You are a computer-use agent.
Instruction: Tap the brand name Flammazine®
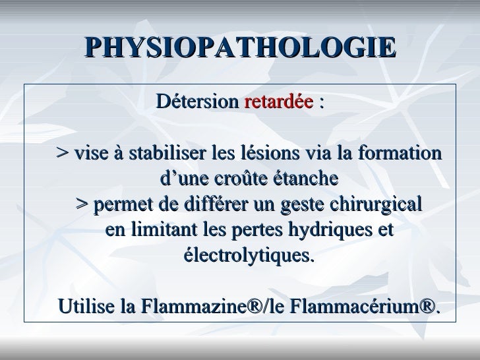tap(192, 306)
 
